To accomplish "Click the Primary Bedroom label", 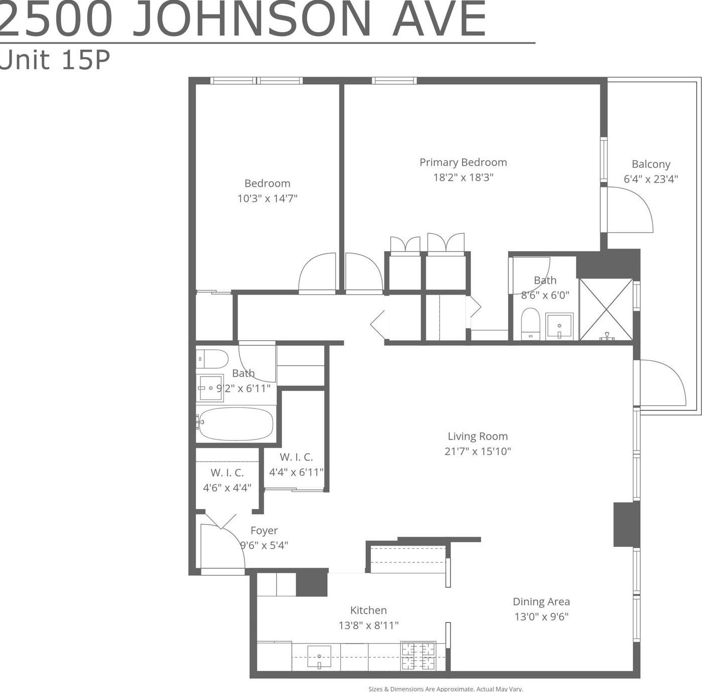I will click(x=463, y=162).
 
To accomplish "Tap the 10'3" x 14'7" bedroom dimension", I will click(x=267, y=198).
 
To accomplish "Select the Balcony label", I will click(x=650, y=164).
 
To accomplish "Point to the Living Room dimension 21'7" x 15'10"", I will click(x=478, y=451).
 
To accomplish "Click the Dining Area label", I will click(x=541, y=601).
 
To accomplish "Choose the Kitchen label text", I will click(x=368, y=610).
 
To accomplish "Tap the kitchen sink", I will click(x=319, y=656).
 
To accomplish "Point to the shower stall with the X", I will click(x=606, y=309).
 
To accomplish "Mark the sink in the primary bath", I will click(x=559, y=326).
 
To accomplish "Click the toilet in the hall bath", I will click(x=212, y=359).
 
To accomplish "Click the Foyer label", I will click(x=264, y=530).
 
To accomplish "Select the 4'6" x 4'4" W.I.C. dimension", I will click(x=227, y=488).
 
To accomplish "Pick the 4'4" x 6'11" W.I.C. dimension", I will click(x=296, y=472).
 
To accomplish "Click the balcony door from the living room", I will click(x=660, y=383).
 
